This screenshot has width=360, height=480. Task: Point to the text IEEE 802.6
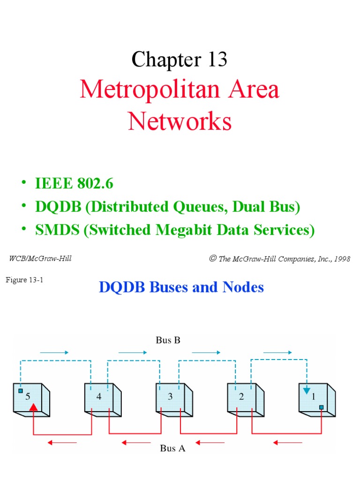(x=74, y=184)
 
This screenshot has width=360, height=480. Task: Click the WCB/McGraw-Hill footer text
(x=40, y=258)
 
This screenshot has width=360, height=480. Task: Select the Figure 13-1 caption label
(x=24, y=280)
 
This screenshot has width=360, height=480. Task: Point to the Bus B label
(x=168, y=340)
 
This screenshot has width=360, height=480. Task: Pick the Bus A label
(x=172, y=448)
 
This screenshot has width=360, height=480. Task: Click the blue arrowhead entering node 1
(x=307, y=390)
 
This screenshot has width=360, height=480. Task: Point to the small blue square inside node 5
(x=21, y=390)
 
